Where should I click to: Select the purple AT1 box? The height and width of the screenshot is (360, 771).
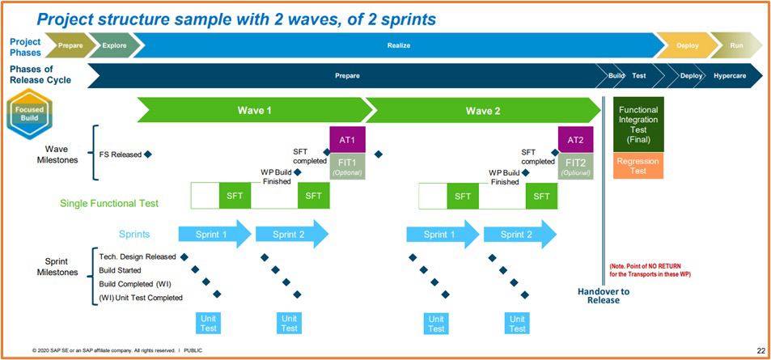pyautogui.click(x=348, y=139)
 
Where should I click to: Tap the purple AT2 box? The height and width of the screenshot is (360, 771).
pyautogui.click(x=575, y=139)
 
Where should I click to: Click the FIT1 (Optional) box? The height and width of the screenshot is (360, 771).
pyautogui.click(x=348, y=165)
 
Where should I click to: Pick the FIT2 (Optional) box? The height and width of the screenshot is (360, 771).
pyautogui.click(x=575, y=165)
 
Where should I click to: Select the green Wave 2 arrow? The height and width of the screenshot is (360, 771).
pyautogui.click(x=484, y=110)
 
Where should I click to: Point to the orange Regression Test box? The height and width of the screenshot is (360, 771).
pyautogui.click(x=638, y=166)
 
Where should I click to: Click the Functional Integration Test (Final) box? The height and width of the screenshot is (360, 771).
pyautogui.click(x=638, y=125)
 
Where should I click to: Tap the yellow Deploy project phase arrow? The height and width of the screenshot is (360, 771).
pyautogui.click(x=686, y=46)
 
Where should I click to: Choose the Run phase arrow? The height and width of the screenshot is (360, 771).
pyautogui.click(x=735, y=46)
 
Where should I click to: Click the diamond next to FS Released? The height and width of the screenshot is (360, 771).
pyautogui.click(x=148, y=153)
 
